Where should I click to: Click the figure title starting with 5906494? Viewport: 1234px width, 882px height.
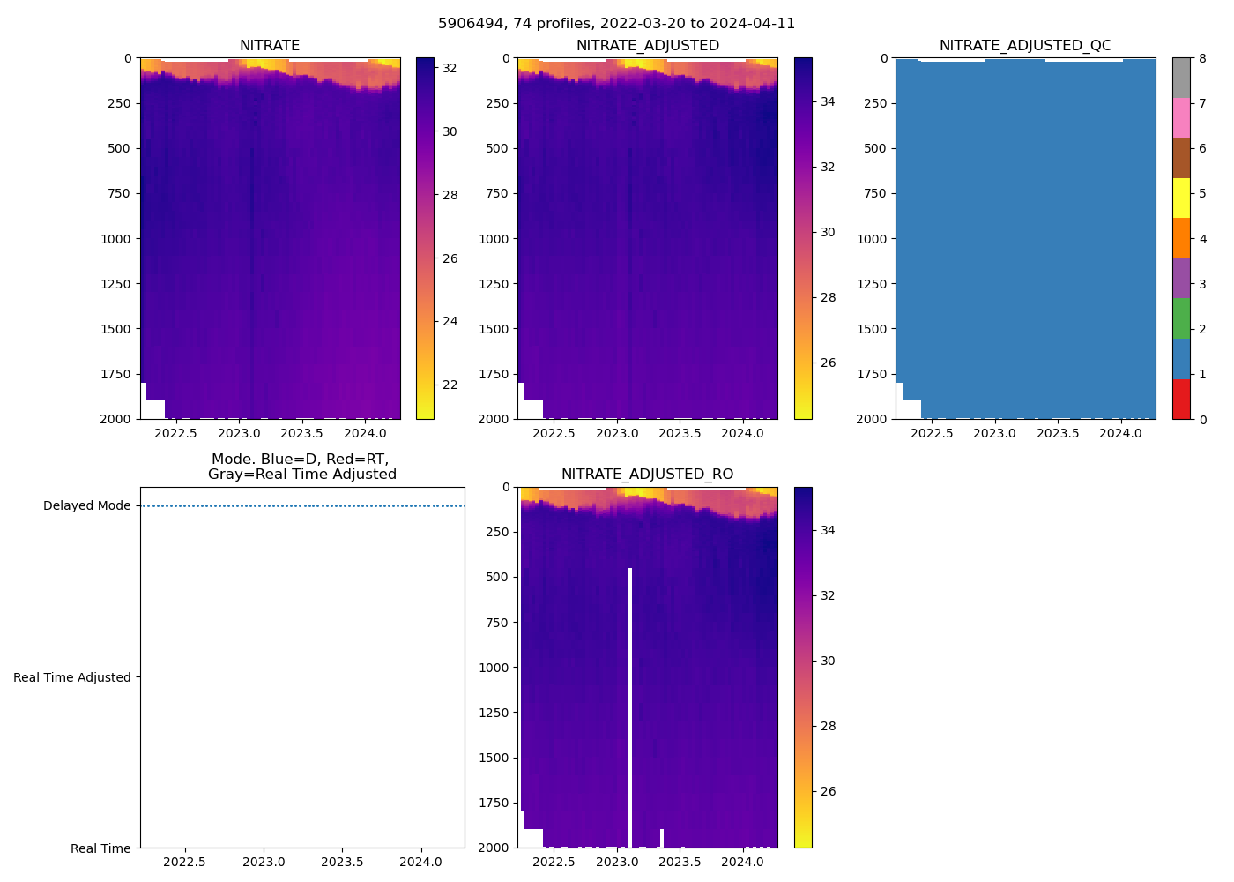pos(616,24)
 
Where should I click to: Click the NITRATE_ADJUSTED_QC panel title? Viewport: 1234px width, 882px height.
pos(1025,46)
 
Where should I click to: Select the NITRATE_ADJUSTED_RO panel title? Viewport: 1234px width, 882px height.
pos(647,475)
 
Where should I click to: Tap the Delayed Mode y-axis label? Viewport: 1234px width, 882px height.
pos(86,506)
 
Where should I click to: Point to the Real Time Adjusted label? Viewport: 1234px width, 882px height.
pos(71,677)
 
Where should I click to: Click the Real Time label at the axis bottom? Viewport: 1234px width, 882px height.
pos(100,848)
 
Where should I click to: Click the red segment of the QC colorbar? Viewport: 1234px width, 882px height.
pos(1181,399)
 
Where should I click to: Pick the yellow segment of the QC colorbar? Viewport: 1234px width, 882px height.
pos(1181,198)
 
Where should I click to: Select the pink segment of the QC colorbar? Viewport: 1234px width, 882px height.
pos(1181,117)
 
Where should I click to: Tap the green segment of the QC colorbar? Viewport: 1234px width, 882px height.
pos(1181,318)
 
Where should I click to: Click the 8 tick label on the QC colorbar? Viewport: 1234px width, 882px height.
pos(1202,59)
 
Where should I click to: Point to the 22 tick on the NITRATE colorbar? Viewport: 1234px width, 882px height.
pos(450,385)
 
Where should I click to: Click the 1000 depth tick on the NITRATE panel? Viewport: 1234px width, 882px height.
pos(115,239)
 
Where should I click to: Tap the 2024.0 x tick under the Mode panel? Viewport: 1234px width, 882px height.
pos(421,863)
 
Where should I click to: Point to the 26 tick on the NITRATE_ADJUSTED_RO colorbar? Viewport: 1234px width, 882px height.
pos(828,791)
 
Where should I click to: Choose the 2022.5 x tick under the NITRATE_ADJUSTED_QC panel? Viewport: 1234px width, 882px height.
pos(932,434)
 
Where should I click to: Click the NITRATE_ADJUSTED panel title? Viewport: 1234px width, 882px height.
pos(647,46)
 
